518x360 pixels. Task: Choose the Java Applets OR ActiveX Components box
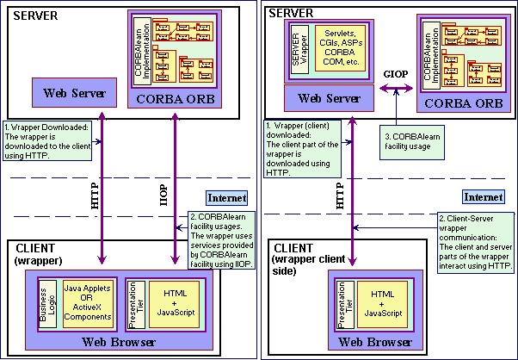click(87, 303)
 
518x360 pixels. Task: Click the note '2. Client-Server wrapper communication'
click(476, 244)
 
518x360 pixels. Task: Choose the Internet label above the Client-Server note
click(482, 197)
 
